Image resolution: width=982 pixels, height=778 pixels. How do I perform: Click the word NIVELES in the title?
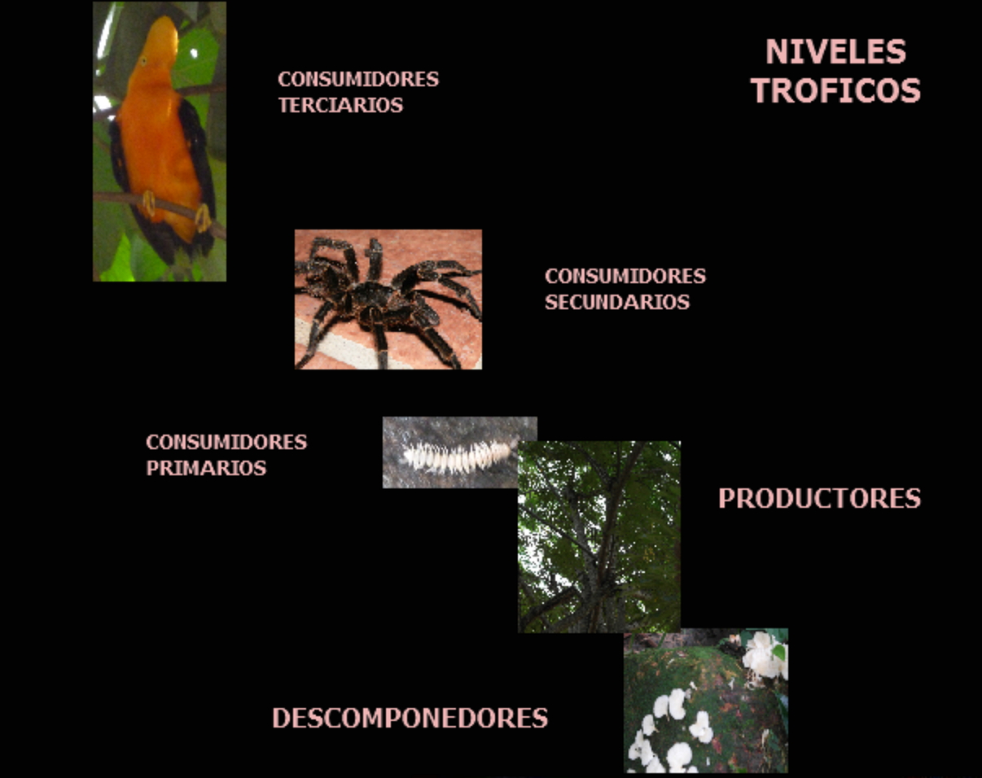[835, 51]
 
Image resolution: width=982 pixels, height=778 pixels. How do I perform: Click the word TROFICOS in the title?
[835, 90]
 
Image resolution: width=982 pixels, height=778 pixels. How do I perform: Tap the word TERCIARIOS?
[341, 105]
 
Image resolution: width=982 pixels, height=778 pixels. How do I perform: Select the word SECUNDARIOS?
[617, 303]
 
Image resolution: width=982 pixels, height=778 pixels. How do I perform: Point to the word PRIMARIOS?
[206, 469]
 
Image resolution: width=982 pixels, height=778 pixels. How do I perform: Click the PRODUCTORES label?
[819, 498]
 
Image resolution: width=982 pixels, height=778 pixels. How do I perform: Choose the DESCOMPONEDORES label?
[410, 719]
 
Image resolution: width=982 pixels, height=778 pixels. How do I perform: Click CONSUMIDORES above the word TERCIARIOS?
[358, 80]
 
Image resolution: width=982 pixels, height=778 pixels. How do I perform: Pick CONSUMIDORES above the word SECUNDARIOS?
[625, 277]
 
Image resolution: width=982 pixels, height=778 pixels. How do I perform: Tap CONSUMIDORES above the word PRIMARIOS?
[226, 443]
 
